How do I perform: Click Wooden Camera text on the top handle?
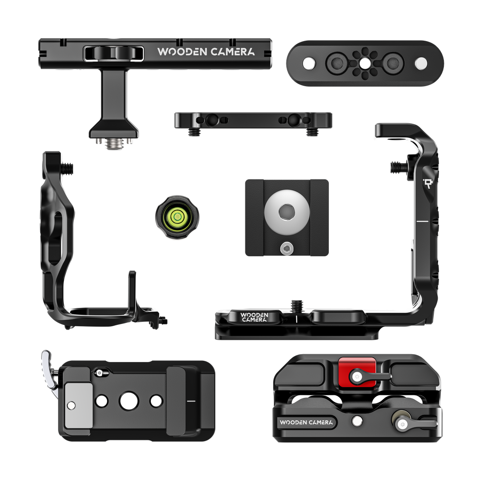[x=206, y=52]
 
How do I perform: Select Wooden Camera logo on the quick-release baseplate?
[x=306, y=422]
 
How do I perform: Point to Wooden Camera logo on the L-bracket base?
[x=254, y=317]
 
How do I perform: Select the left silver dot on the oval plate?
[x=309, y=63]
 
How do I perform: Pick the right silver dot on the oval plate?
[x=421, y=63]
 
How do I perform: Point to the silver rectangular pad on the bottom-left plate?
[x=78, y=405]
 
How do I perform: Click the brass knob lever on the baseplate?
[x=399, y=422]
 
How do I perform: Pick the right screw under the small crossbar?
[x=311, y=132]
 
